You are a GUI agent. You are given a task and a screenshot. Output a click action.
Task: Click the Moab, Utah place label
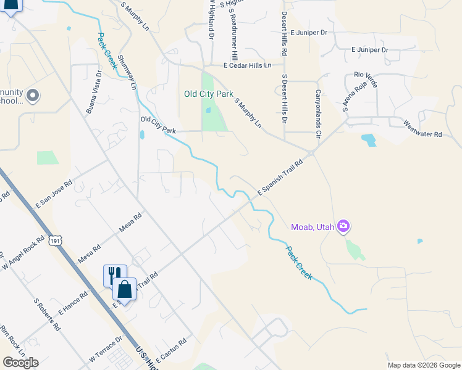point(313,228)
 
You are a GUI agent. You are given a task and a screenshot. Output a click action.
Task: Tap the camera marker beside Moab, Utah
point(343,228)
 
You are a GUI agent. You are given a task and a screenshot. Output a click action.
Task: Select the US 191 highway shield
point(56,242)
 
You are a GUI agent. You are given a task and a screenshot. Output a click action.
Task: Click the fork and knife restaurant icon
point(114,274)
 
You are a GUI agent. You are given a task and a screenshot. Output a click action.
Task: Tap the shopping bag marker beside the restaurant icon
point(125,289)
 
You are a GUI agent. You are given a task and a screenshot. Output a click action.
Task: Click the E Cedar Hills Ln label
point(247,65)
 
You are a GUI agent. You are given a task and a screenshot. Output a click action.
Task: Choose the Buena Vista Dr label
point(94,92)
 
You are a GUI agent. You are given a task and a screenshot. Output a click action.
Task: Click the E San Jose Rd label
point(54,193)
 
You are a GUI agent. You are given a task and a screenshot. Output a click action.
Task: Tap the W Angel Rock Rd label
point(23,252)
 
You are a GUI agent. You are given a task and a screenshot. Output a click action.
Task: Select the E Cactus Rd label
point(171,349)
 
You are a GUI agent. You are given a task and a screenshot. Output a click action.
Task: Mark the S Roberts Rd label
point(46,315)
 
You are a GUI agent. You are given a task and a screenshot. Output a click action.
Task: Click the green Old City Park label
point(209,94)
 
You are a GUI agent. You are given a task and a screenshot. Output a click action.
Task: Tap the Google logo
point(20,363)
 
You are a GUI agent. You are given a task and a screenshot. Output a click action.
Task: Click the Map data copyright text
point(424,365)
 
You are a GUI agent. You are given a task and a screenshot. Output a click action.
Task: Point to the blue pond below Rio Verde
point(369,140)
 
